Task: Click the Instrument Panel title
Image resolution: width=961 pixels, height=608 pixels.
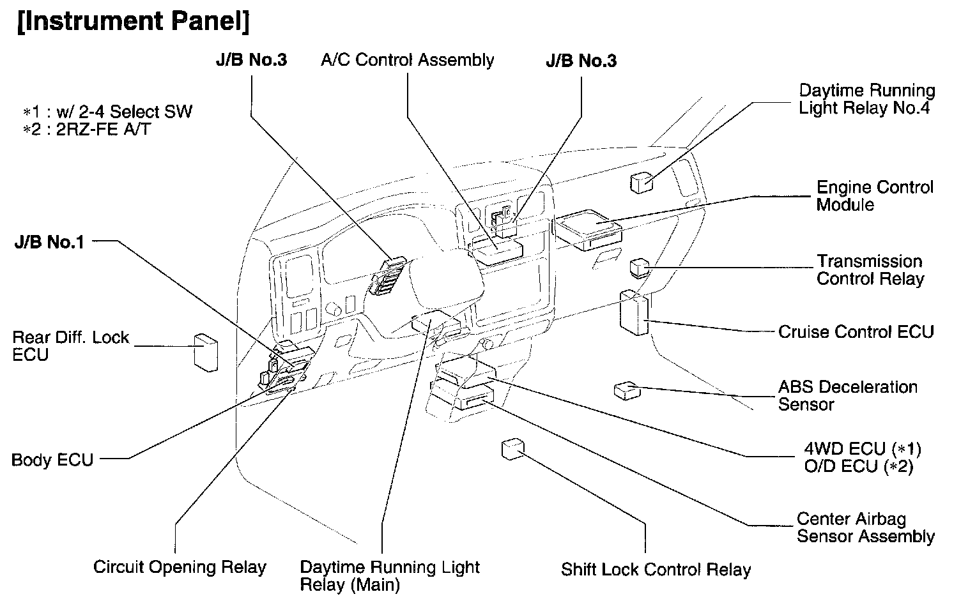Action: coord(132,21)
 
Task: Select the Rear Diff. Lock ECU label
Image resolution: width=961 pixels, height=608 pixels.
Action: coord(70,346)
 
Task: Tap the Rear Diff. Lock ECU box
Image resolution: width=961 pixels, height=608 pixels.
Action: coord(205,351)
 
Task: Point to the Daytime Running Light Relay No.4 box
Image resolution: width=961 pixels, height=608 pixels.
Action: coord(641,182)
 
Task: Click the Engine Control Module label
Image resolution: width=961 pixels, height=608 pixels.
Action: coord(874,196)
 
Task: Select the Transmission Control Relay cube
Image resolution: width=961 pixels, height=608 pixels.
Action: coord(639,267)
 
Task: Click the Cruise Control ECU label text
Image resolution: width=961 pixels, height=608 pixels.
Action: coord(856,332)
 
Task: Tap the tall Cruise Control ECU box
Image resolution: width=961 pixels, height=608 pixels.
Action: coord(633,312)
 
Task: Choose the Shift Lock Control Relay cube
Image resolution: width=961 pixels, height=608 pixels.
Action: coord(512,449)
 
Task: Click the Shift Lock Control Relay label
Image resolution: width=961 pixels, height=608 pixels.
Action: coord(656,570)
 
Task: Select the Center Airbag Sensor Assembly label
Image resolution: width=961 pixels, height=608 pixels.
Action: coord(865,528)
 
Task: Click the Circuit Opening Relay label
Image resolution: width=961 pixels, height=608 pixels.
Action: coord(180,567)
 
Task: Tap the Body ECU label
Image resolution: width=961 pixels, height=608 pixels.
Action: coord(52,460)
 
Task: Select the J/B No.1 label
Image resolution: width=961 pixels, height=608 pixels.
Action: coord(49,243)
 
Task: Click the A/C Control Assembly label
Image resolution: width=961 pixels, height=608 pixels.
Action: coord(407,60)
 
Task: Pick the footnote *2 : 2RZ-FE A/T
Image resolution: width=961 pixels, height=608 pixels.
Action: coord(88,130)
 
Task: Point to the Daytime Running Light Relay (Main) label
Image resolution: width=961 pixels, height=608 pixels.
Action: coord(389,575)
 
